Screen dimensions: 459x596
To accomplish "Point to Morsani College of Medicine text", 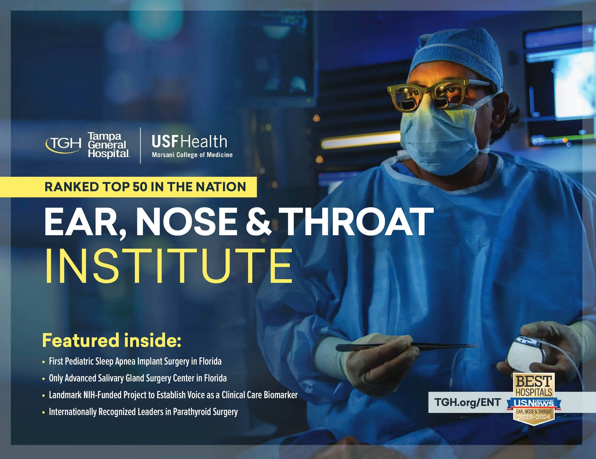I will click(x=192, y=155).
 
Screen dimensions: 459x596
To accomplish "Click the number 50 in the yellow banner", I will click(x=140, y=187).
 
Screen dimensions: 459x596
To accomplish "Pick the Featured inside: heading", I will click(x=112, y=340).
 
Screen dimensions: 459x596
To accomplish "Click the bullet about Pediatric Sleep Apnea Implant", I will click(x=135, y=362).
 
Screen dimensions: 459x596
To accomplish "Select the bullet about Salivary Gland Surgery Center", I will click(x=138, y=378).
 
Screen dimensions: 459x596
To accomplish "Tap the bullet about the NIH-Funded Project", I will click(x=173, y=395).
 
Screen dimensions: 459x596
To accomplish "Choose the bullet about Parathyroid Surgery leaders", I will click(x=143, y=412).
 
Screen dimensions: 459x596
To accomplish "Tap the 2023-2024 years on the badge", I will click(x=533, y=417).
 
